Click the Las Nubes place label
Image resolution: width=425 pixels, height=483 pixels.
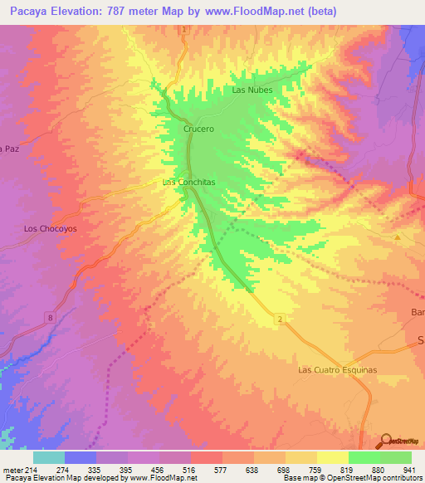pos(252,90)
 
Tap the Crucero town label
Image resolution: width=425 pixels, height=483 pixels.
pos(198,129)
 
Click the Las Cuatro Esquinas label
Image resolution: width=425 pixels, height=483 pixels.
pos(337,369)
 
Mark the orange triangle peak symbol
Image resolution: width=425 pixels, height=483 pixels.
pos(398,237)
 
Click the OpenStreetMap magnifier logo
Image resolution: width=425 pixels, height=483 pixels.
pos(387,440)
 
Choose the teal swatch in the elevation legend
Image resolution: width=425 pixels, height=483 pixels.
pos(48,457)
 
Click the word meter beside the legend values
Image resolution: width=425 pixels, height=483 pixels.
pos(12,469)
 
